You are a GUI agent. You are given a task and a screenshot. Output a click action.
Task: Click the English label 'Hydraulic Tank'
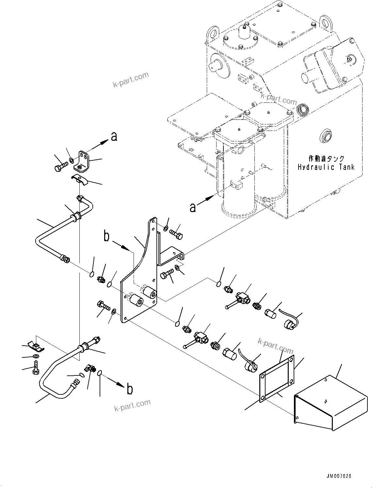(326, 167)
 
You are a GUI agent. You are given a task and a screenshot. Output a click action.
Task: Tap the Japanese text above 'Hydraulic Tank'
(326, 159)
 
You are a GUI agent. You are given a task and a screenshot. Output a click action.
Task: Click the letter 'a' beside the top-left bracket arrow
(114, 136)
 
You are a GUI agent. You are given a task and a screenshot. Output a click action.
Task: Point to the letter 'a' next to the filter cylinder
(193, 207)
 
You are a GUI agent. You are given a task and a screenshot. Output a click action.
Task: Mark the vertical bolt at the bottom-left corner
(36, 368)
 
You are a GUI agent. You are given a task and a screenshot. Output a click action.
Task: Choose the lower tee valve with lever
(200, 338)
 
